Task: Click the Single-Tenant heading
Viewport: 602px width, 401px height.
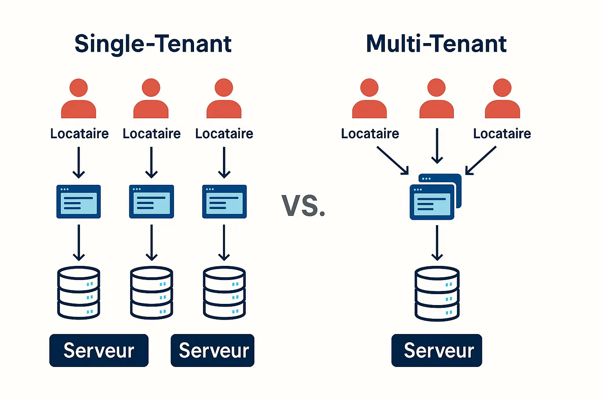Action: tap(153, 43)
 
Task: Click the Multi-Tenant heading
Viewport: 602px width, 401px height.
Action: tap(436, 43)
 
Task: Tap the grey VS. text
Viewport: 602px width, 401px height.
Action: tap(303, 206)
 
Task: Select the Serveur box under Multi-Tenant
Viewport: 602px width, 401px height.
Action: tap(437, 350)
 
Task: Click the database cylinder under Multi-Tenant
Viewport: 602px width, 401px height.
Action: tap(437, 294)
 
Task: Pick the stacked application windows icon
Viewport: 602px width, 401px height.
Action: tap(435, 197)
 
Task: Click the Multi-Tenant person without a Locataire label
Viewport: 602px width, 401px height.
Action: tap(437, 99)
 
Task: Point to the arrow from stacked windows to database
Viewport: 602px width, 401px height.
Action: tap(437, 243)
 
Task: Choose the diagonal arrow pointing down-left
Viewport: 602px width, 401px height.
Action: tap(481, 160)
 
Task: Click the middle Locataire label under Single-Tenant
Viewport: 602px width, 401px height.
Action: tap(152, 134)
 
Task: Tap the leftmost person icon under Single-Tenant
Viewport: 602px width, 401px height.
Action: tap(79, 99)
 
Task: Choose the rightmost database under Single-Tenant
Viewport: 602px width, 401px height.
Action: tap(224, 293)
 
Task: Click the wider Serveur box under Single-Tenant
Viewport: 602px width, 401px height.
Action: tap(99, 350)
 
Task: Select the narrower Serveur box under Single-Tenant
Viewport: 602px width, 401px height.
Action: tap(212, 350)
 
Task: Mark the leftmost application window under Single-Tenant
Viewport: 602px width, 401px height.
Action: tap(79, 202)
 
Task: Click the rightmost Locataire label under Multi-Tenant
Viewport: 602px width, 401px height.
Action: tap(502, 134)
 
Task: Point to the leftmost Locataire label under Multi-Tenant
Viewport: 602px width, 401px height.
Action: tap(370, 134)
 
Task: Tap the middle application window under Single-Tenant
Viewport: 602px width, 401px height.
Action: tap(151, 202)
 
